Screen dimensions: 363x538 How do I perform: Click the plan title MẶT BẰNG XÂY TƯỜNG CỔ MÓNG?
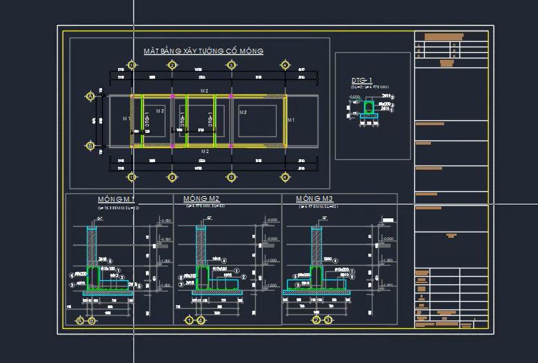coord(203,51)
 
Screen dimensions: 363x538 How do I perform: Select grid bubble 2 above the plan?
coord(172,65)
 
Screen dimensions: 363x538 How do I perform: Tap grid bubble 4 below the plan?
coord(284,177)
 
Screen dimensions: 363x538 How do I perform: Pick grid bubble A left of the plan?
coord(90,96)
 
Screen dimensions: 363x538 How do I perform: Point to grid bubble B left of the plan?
coord(90,146)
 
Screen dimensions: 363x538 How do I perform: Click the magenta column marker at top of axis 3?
coord(231,96)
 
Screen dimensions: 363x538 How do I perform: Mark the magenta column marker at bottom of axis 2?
coord(172,146)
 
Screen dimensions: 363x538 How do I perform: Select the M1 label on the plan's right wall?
coord(291,120)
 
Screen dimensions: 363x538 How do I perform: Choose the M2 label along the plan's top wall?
coord(204,91)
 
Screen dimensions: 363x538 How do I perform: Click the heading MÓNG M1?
coord(115,200)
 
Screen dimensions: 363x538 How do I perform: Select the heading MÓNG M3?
coord(314,199)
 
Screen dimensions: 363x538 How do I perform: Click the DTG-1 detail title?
coord(361,81)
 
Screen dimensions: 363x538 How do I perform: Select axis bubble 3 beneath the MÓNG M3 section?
coord(327,321)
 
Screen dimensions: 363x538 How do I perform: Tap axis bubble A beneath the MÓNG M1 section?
coord(80,321)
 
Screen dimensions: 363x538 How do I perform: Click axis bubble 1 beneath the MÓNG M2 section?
coord(188,321)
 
